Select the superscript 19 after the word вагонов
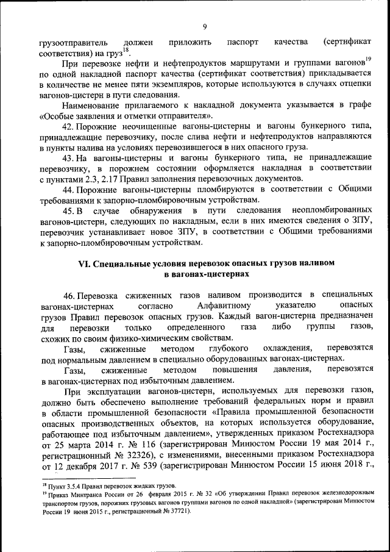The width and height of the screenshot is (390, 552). point(368,59)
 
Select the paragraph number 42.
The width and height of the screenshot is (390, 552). point(68,126)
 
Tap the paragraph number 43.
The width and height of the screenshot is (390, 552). point(68,157)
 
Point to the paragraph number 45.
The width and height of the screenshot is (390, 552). point(68,210)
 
